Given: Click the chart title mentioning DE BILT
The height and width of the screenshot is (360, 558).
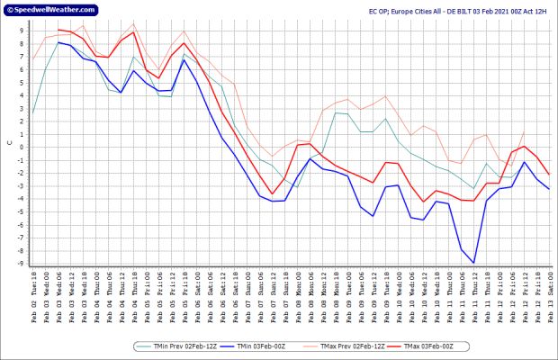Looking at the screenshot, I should coord(457,11).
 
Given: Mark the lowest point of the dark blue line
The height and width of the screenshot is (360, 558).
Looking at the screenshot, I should coord(473,263).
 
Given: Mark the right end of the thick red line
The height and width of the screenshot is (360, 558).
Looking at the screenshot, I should coord(549,175).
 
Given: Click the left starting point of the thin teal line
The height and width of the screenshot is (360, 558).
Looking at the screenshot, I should coord(33,113).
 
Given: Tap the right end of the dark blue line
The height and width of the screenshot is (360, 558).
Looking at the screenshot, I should coord(549,189).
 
